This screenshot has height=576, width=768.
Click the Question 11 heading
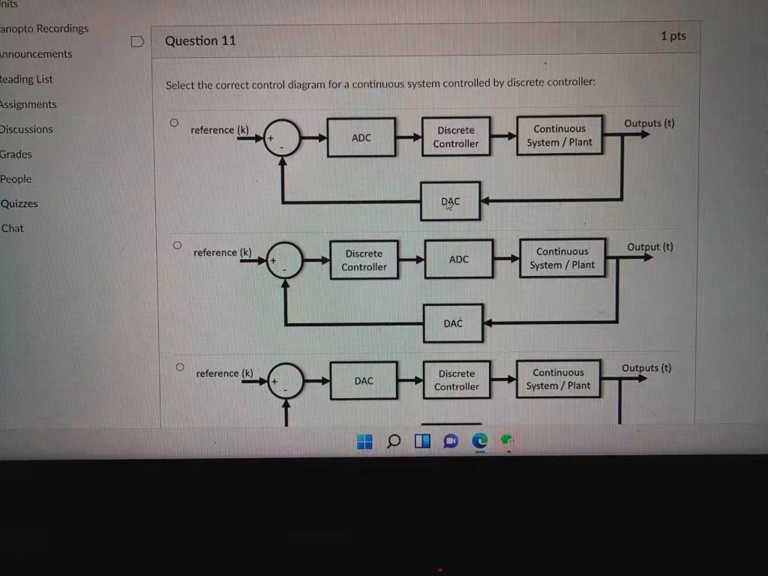click(200, 40)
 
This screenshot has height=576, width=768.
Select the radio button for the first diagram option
click(174, 121)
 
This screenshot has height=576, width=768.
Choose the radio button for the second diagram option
click(177, 244)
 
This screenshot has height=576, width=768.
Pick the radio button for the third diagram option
click(179, 367)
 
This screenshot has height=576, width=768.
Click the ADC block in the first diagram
click(361, 137)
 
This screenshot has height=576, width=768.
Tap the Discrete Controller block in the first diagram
click(456, 136)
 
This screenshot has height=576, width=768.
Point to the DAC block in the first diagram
click(450, 201)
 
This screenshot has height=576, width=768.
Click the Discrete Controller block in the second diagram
click(364, 260)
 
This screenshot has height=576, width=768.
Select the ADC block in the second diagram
click(459, 259)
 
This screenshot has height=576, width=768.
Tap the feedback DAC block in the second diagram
click(453, 323)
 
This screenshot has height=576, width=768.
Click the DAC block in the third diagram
click(364, 381)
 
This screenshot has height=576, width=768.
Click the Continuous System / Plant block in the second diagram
click(562, 258)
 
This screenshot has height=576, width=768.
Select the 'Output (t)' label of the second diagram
click(649, 247)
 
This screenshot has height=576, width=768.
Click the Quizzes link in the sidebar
click(19, 203)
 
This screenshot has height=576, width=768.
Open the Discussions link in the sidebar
click(26, 129)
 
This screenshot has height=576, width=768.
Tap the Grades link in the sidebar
click(16, 154)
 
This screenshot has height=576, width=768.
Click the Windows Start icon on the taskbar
click(364, 442)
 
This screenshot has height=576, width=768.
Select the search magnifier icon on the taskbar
click(394, 442)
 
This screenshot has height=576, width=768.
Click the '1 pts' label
click(673, 36)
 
